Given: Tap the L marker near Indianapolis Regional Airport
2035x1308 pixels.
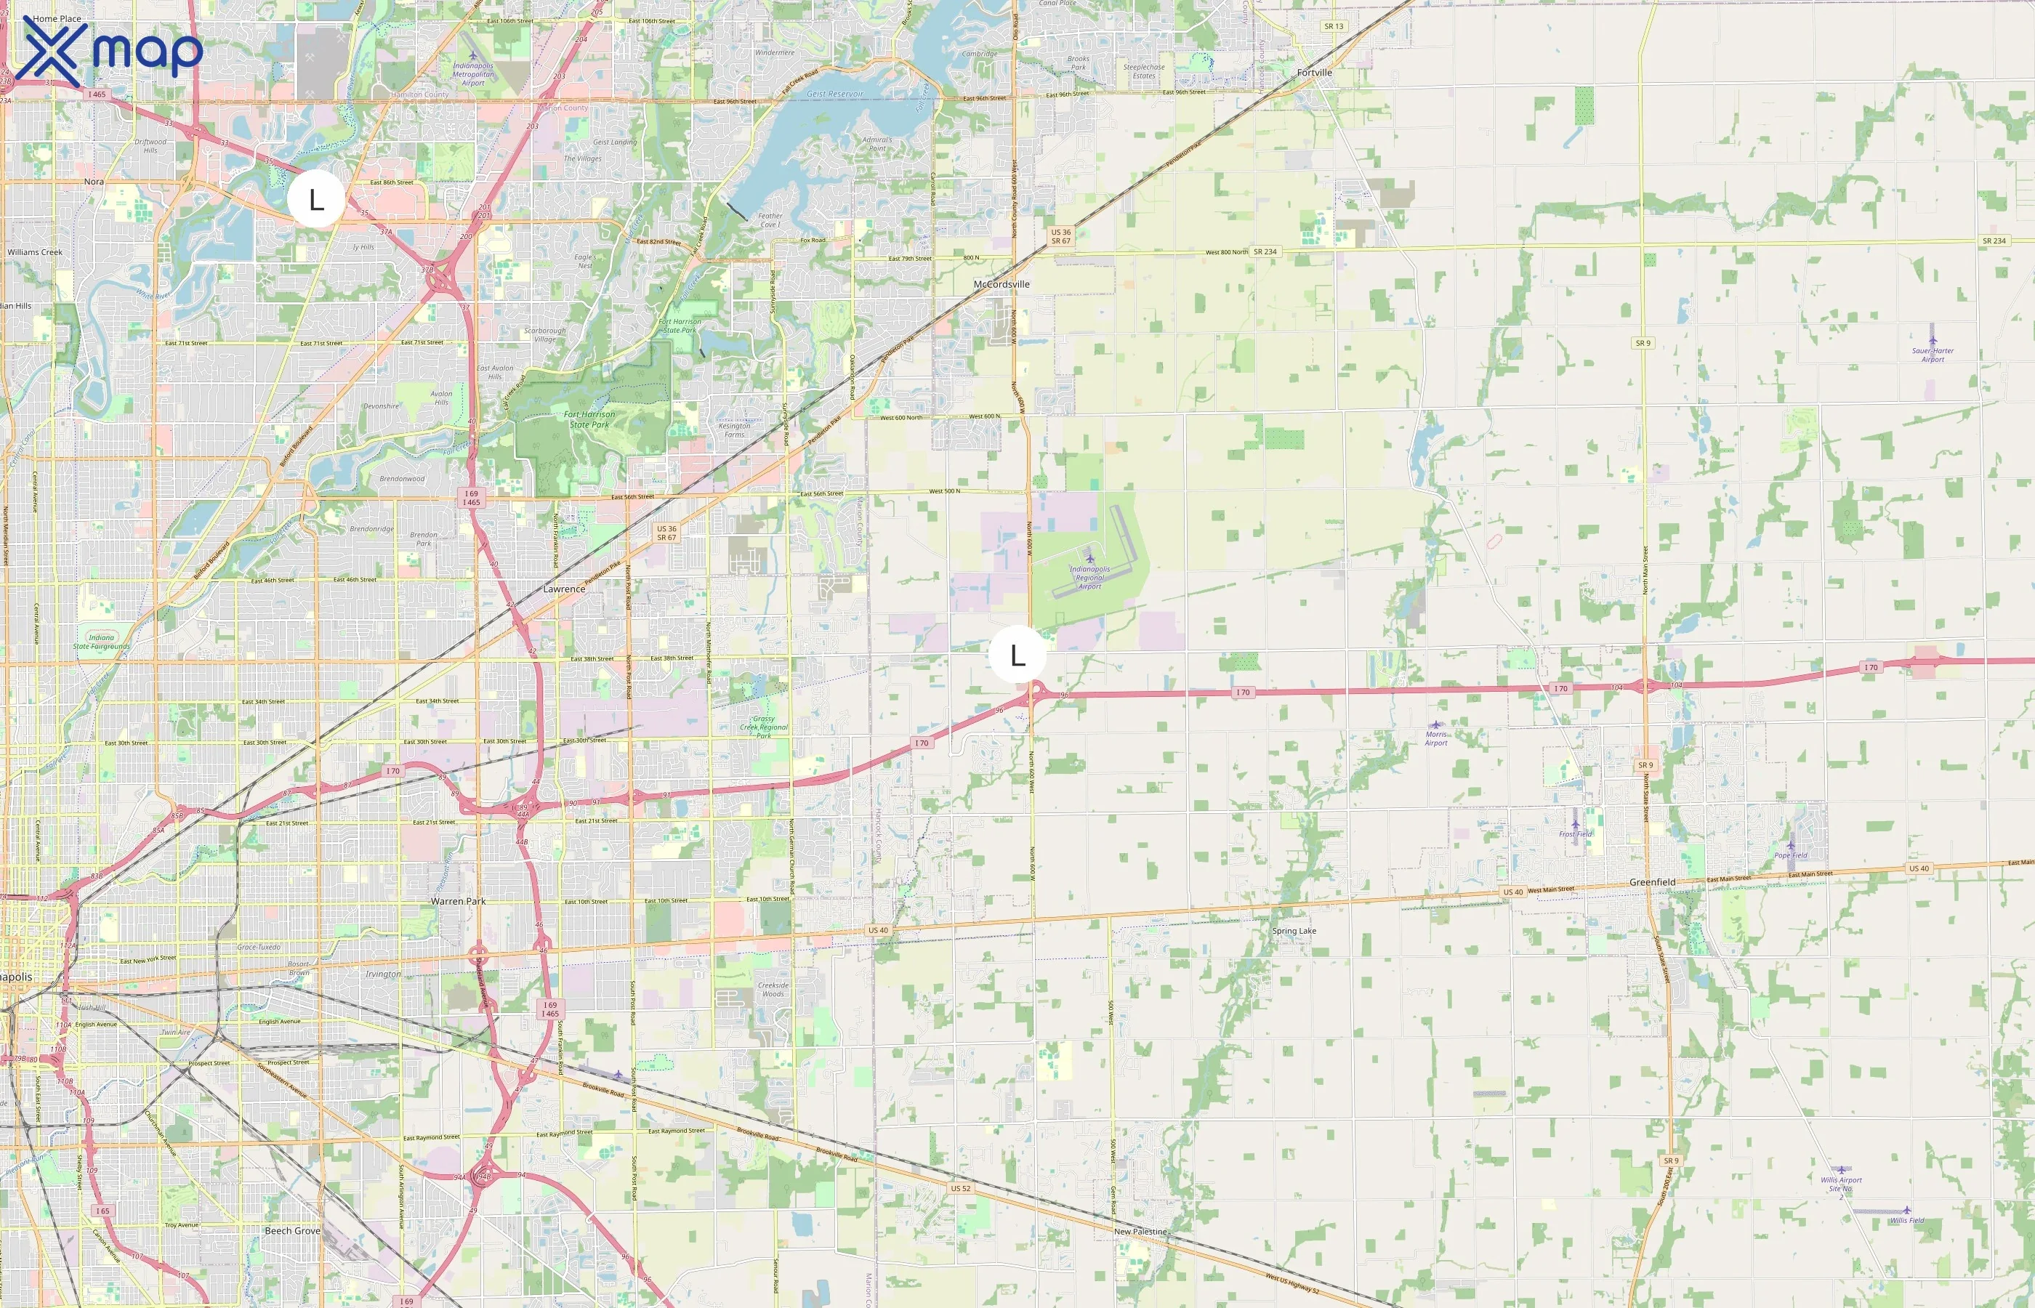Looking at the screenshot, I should tap(1017, 655).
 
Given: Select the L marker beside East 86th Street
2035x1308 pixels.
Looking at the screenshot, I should tap(316, 200).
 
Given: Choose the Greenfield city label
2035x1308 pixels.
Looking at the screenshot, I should tap(1652, 882).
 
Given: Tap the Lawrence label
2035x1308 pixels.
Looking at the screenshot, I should tap(564, 589).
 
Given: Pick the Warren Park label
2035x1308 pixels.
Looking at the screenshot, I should tap(458, 901).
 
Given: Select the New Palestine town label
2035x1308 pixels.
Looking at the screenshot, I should tap(1140, 1232).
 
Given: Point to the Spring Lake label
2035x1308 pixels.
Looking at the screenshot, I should tap(1294, 931).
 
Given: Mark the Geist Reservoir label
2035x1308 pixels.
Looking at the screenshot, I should tap(834, 94).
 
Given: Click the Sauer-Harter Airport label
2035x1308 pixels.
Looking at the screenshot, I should tap(1933, 354).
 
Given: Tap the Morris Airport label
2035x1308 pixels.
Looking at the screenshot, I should tap(1435, 738).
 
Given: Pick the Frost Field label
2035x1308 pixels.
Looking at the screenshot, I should tap(1575, 834).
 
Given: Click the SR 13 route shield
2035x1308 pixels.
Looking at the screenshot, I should tap(1334, 26).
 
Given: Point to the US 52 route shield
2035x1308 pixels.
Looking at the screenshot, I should tap(961, 1188).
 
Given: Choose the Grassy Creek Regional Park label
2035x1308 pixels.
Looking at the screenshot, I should tap(764, 727).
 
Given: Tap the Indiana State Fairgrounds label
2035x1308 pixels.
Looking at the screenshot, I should tap(101, 641).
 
